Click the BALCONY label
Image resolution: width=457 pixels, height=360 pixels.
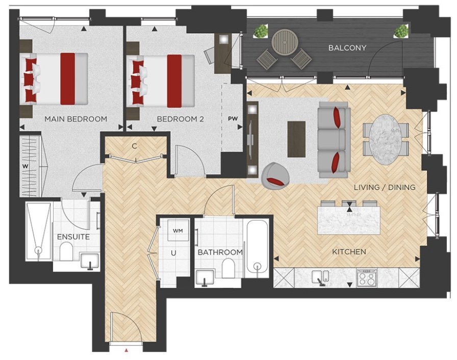click(x=347, y=47)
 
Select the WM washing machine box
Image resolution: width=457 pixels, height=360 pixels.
click(x=178, y=230)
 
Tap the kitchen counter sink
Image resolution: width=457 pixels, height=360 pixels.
click(x=320, y=277)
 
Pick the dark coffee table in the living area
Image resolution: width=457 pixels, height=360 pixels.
click(x=296, y=139)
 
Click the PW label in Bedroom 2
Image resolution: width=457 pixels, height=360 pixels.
click(x=233, y=118)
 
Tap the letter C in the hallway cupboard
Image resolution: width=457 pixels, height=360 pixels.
click(x=134, y=146)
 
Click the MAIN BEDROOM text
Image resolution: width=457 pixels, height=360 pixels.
click(x=76, y=119)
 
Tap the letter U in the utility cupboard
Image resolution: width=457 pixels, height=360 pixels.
click(x=173, y=253)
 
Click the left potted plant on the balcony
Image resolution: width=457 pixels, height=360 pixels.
click(x=261, y=31)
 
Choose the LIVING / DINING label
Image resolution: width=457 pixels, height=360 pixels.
click(x=385, y=187)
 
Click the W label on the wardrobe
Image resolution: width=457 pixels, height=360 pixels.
click(x=26, y=167)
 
